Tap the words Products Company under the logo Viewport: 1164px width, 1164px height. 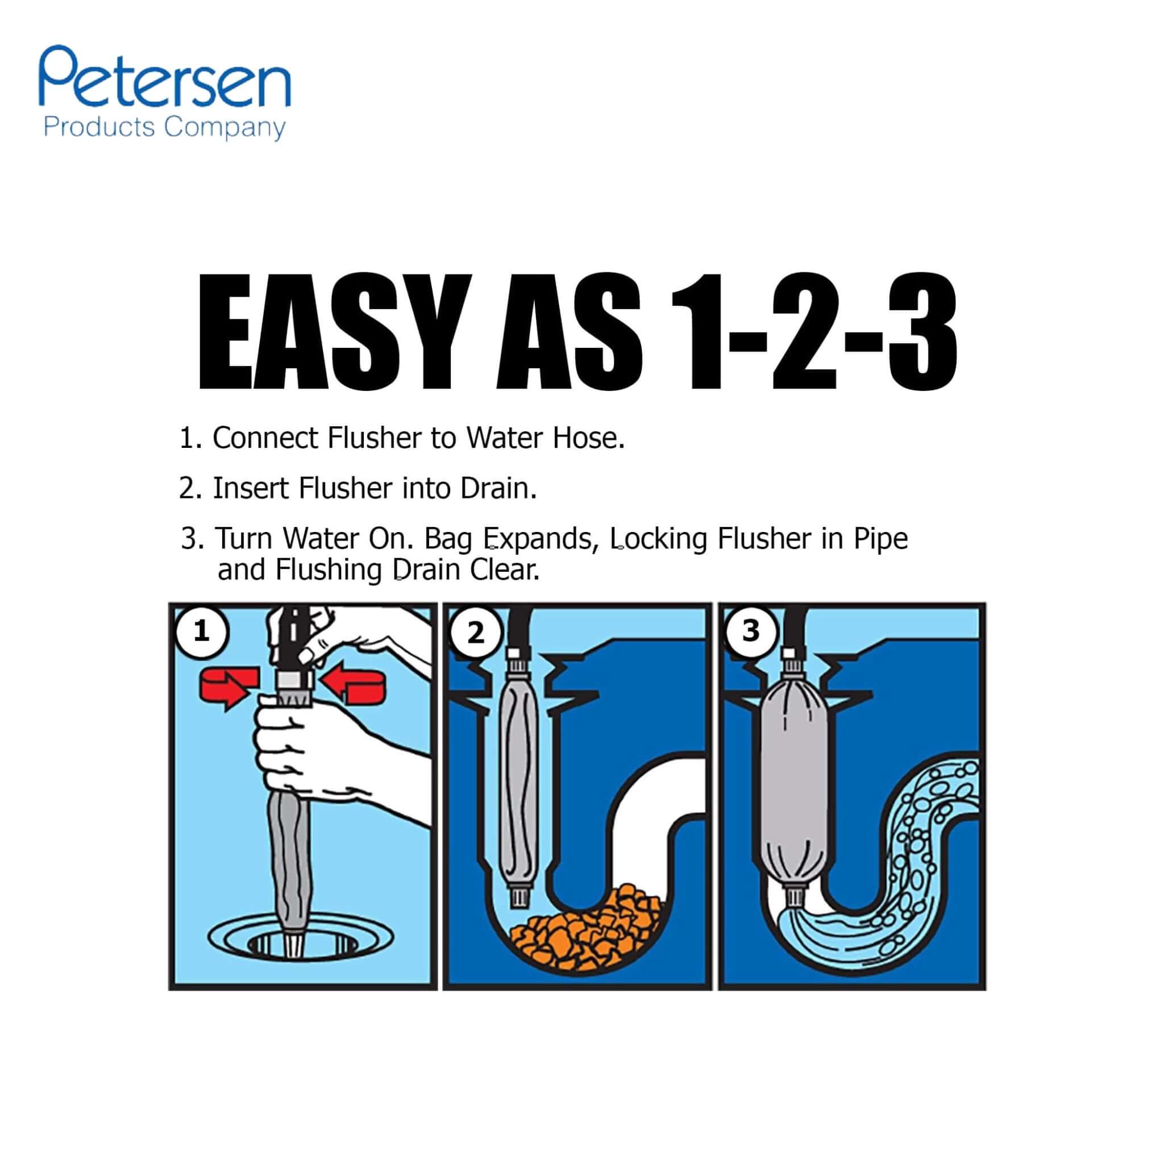(x=164, y=128)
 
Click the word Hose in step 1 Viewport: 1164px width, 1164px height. (x=592, y=438)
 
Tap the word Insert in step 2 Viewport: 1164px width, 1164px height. (x=252, y=488)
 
